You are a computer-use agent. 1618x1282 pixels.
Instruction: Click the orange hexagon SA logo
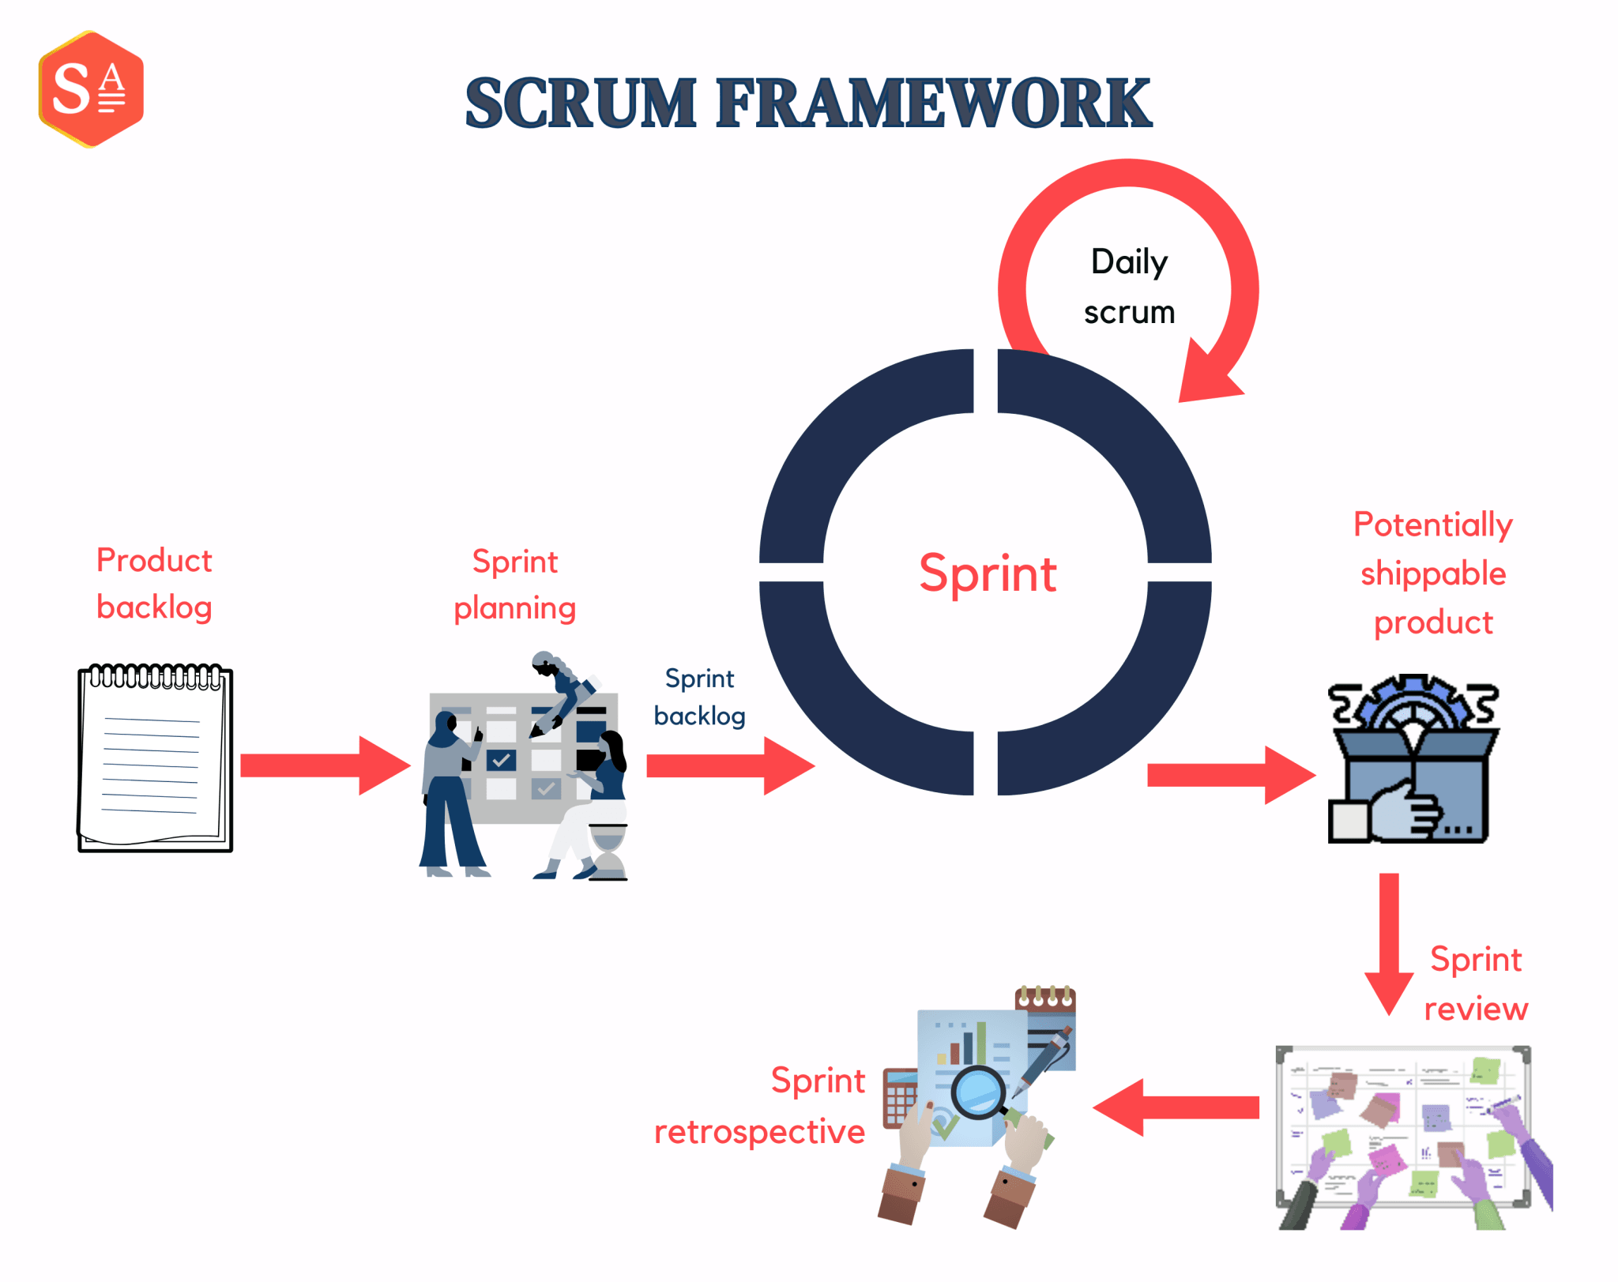91,89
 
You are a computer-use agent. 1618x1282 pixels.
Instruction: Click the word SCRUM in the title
581,103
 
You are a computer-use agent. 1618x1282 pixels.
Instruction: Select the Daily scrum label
1129,287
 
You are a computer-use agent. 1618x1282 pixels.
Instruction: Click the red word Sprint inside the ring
988,573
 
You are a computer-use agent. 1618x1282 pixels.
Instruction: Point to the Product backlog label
154,584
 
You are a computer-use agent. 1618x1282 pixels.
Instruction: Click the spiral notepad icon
155,759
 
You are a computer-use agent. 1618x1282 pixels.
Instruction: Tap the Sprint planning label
515,585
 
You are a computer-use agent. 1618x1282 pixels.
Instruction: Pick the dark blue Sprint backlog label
699,697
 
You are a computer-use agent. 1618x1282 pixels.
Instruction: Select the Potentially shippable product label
1432,573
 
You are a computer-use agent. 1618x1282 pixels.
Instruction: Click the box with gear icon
1413,761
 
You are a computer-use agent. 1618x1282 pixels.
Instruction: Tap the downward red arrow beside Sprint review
1389,944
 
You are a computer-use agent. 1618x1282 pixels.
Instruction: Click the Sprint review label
1475,984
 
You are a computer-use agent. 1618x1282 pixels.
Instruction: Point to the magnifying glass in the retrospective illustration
978,1092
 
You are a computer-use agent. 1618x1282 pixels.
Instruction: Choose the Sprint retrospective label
760,1106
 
